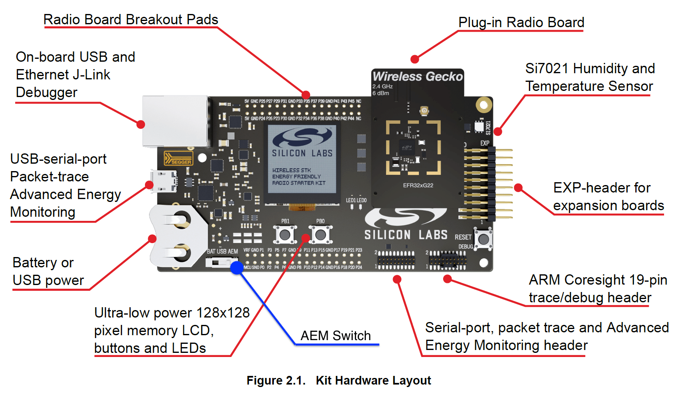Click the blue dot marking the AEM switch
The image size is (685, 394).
(237, 268)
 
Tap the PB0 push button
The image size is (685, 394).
(321, 235)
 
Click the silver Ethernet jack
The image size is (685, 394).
(175, 121)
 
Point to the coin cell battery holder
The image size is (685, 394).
(179, 236)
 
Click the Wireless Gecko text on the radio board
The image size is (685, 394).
(417, 76)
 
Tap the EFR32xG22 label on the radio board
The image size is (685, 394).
(418, 185)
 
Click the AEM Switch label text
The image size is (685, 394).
(336, 336)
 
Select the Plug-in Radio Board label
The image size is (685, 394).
(521, 22)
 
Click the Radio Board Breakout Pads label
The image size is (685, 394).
(131, 19)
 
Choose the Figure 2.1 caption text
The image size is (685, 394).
(338, 380)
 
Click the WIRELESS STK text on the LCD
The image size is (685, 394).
(292, 170)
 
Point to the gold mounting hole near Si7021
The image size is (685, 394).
(484, 105)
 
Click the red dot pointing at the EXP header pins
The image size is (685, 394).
(518, 188)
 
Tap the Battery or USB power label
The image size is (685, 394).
(48, 271)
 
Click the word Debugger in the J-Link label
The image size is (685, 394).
(46, 93)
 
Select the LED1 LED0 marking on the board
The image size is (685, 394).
(356, 200)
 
